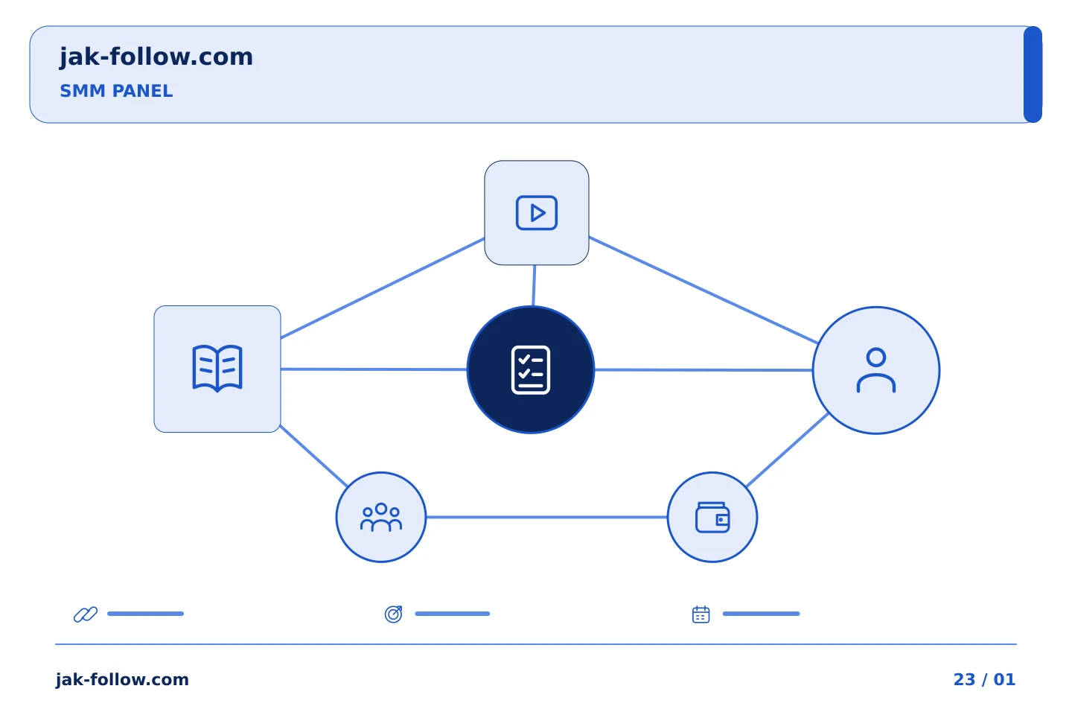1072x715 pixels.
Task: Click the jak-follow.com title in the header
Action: [156, 57]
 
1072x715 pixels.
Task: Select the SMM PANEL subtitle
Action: [116, 91]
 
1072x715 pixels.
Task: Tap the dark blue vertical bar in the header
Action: [1033, 74]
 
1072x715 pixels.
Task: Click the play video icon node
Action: [537, 212]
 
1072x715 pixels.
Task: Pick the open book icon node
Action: [217, 369]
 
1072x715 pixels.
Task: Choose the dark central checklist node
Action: [531, 369]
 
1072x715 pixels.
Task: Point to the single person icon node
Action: [876, 370]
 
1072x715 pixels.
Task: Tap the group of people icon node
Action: [381, 517]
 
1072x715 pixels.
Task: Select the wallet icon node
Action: [712, 517]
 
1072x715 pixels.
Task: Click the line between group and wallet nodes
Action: [546, 517]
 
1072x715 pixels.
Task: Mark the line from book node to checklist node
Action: [374, 369]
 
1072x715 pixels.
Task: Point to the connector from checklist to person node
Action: [703, 369]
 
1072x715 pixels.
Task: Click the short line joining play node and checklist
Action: [534, 285]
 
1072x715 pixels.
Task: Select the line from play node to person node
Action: [703, 290]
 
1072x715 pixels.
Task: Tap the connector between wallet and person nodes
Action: [788, 450]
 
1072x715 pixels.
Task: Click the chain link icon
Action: [86, 614]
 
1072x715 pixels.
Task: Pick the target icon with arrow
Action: [393, 614]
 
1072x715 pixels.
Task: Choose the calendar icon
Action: [701, 614]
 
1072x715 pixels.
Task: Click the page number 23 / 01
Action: [984, 679]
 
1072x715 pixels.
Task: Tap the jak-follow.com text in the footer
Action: [122, 679]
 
